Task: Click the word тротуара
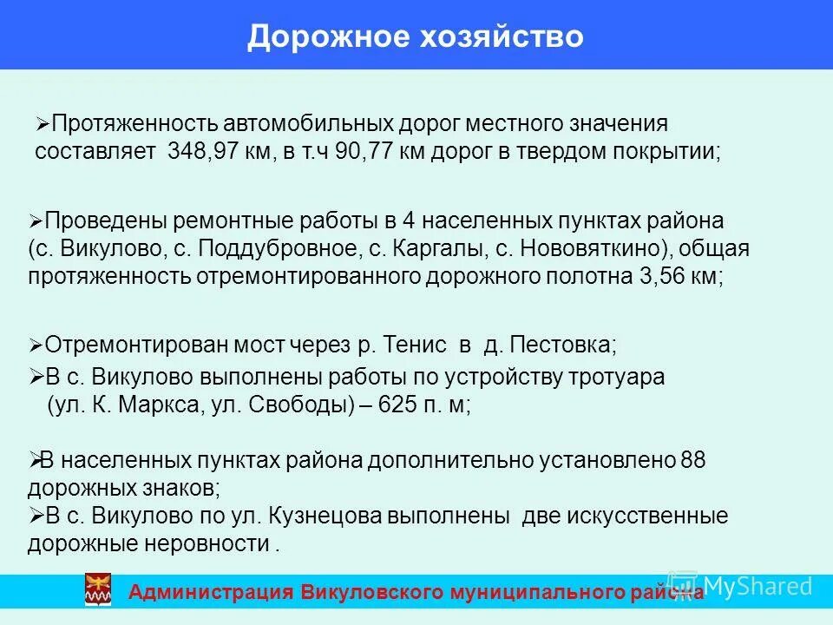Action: pos(612,378)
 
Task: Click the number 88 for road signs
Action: pos(693,460)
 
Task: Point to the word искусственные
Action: pos(647,516)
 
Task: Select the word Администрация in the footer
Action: pos(211,593)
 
